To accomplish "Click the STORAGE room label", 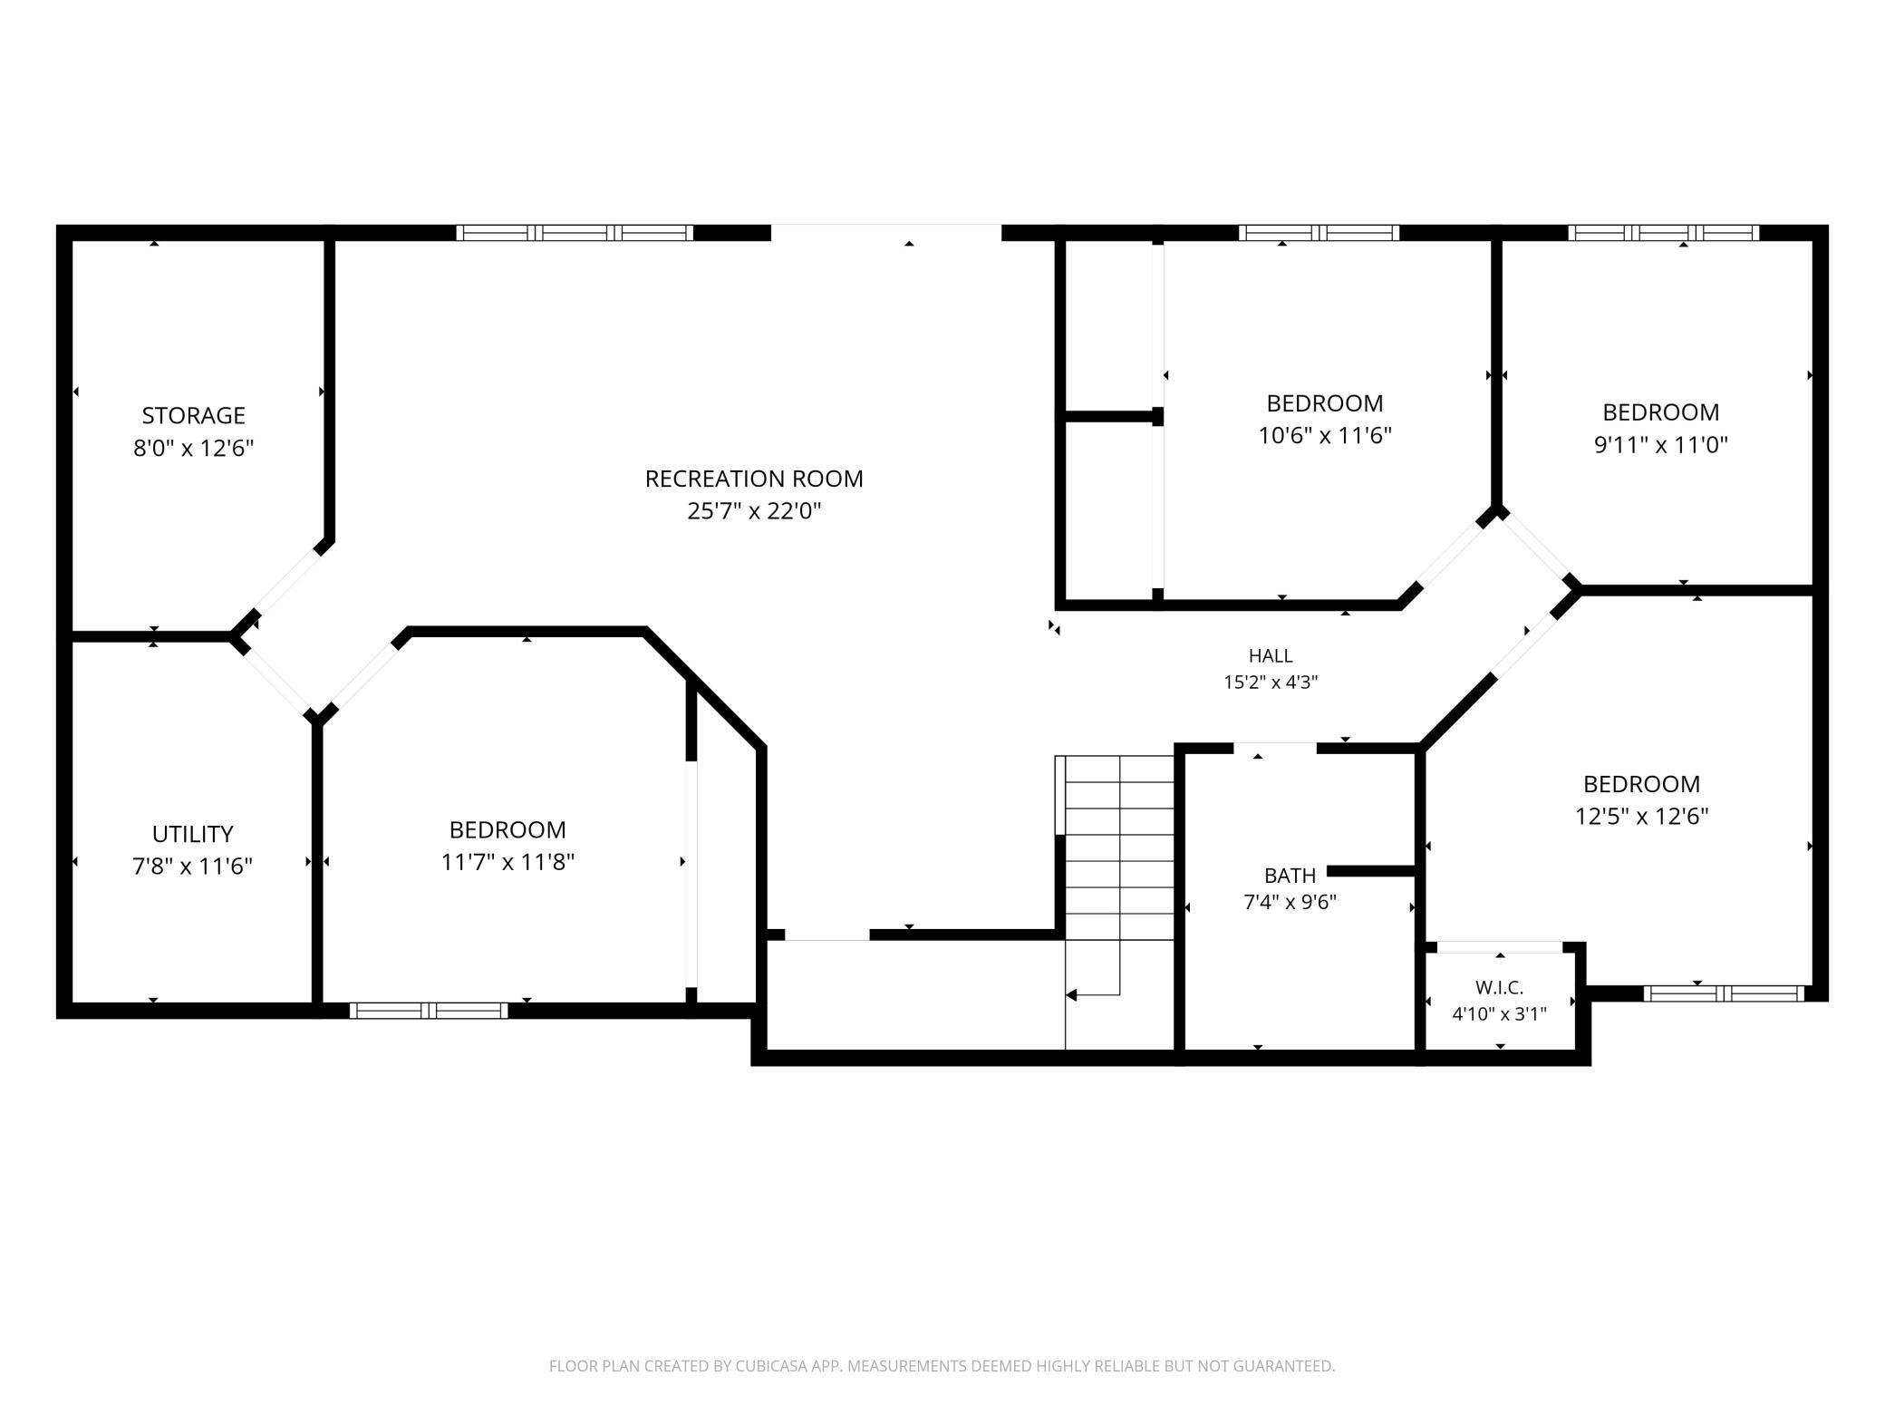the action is [x=193, y=415].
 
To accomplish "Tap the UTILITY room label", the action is [x=192, y=834].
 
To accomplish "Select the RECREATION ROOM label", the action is [x=754, y=479].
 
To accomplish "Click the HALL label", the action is [x=1271, y=655].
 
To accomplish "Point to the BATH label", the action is [x=1290, y=876].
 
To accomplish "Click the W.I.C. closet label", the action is [x=1499, y=988].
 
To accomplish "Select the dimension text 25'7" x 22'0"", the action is [x=754, y=511].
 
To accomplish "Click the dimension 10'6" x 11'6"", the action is [x=1324, y=436].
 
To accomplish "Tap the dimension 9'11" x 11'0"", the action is [x=1661, y=445].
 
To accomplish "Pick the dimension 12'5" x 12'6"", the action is [x=1641, y=817].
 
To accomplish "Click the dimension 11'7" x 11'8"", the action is [x=507, y=862].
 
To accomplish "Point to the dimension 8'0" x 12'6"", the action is [x=193, y=448].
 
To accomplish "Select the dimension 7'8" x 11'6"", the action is [x=192, y=867].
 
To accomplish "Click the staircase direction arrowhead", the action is [x=1071, y=995].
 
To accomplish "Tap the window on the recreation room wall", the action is [x=575, y=233].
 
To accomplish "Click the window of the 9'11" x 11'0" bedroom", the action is [x=1664, y=233].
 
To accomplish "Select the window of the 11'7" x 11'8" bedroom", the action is [x=429, y=1011].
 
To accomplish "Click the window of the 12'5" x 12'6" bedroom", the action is [x=1724, y=993].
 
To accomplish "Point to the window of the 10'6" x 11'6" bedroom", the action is [x=1319, y=233].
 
